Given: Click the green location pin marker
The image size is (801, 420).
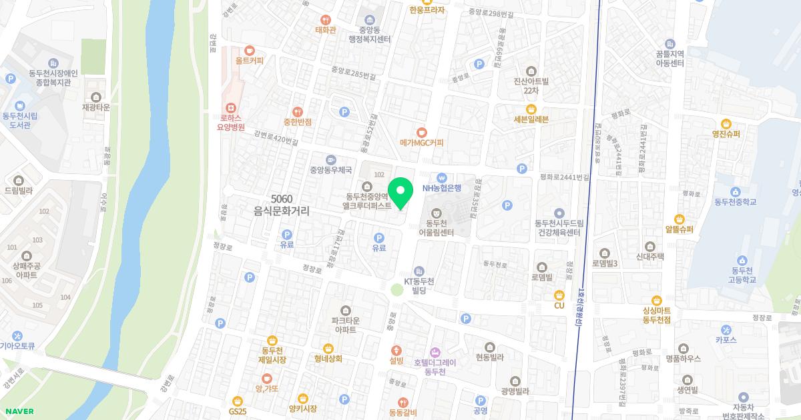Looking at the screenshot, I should click(400, 193).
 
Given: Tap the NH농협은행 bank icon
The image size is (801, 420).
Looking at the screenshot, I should click(441, 177).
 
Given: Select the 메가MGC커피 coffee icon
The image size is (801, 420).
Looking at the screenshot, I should click(421, 132).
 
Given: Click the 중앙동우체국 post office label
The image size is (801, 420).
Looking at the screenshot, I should click(330, 170).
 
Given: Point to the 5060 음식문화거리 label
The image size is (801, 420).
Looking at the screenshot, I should click(282, 205).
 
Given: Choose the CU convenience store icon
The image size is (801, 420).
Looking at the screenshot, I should click(559, 295).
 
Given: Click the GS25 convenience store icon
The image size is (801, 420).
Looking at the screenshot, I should click(237, 401).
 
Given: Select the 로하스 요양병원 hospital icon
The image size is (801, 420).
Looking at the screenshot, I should click(232, 107).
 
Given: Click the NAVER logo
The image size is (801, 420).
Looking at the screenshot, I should click(19, 411).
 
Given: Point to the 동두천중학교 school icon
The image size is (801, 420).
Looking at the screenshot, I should click(736, 191).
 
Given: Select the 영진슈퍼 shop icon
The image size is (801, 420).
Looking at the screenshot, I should click(726, 123).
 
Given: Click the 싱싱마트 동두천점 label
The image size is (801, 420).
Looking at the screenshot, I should click(656, 315).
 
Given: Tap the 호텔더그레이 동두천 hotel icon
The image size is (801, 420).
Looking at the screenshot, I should click(435, 351).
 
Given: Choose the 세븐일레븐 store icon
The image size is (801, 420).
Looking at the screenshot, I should click(531, 109).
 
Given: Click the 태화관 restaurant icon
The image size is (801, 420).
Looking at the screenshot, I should click(326, 20).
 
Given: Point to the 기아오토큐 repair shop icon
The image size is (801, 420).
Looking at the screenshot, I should click(17, 335).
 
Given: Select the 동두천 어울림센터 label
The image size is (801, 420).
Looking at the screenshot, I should click(436, 227).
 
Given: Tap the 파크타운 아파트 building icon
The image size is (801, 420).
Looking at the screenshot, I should click(345, 310).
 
